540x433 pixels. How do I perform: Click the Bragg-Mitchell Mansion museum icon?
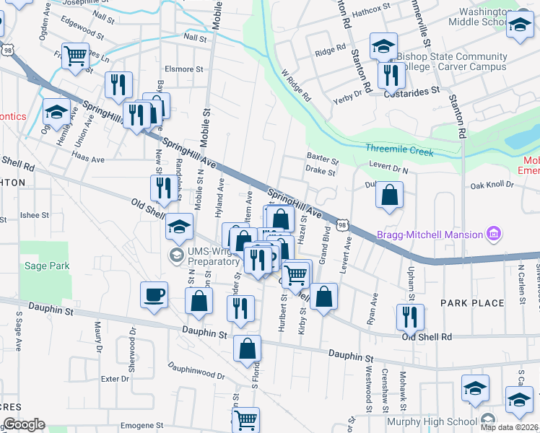[x=495, y=234]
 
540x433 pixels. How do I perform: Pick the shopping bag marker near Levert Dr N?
[x=389, y=195]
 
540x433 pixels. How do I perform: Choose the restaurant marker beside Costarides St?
[x=391, y=75]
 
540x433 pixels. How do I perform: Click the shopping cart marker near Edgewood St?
[x=75, y=56]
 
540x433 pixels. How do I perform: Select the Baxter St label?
[x=322, y=157]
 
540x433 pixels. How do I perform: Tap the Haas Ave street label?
[x=90, y=159]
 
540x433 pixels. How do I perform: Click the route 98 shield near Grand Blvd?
[x=345, y=225]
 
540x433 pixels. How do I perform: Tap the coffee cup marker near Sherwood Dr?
[x=155, y=296]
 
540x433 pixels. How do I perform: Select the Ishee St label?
[x=34, y=214]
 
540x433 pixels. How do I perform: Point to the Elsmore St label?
[x=179, y=69]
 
